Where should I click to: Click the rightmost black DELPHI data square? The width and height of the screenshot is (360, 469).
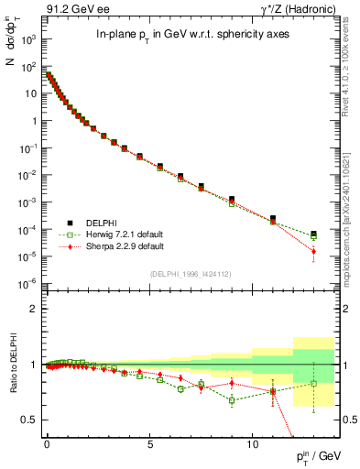pos(314,234)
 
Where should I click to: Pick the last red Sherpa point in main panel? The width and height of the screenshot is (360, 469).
pos(314,251)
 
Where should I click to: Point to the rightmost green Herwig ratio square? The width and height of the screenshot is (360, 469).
pos(314,384)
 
